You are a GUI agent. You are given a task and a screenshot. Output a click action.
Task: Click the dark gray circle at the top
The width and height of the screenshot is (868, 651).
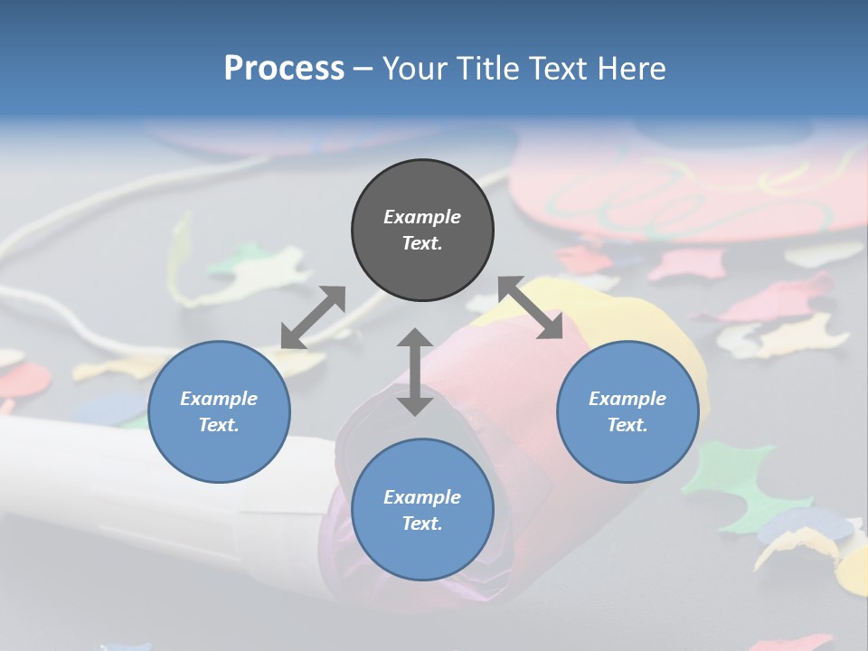[x=422, y=231]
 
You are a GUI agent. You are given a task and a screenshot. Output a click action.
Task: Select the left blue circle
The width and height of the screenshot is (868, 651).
[x=219, y=411]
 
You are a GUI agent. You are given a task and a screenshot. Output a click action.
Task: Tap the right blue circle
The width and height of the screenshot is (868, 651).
[x=627, y=411]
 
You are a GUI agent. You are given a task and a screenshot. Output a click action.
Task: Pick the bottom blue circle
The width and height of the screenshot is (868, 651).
[x=422, y=510]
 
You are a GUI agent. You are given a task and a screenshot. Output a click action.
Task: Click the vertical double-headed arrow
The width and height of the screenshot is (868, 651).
[x=415, y=372]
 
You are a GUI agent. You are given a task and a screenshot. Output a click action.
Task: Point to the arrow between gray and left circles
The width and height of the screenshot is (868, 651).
[x=313, y=317]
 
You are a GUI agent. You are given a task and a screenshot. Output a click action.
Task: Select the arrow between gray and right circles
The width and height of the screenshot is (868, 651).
[x=531, y=307]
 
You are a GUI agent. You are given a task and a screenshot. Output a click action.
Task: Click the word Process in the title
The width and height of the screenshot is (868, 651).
[x=284, y=68]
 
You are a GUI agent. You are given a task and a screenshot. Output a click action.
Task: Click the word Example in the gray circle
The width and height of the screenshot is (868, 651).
[x=422, y=217]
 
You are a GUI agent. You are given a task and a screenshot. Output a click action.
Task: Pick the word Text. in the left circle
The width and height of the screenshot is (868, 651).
[x=219, y=425]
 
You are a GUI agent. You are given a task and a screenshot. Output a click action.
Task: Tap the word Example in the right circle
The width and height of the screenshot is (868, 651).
[x=627, y=399]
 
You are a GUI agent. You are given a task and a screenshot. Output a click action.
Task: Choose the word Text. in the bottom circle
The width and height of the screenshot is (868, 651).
[x=422, y=524]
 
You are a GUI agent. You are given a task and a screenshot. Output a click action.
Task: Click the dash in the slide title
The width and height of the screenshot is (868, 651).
[x=363, y=69]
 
